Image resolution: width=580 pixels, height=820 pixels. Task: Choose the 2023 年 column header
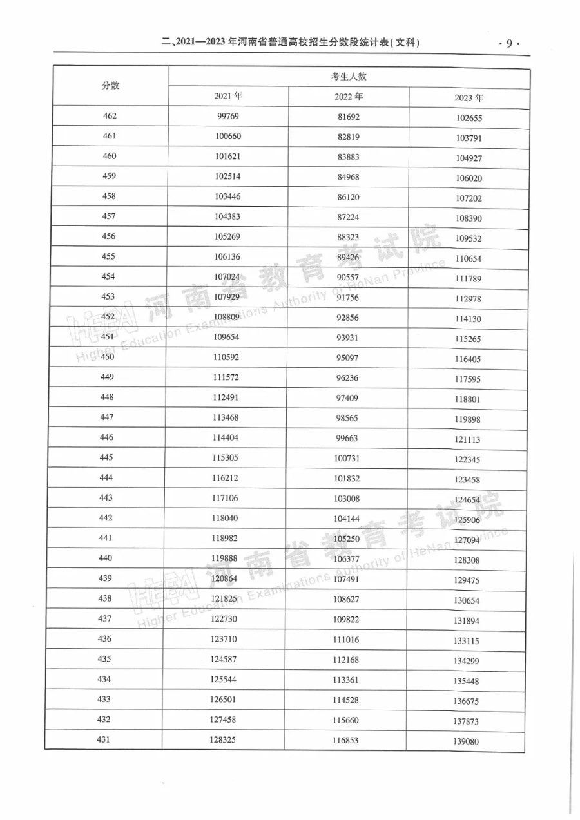point(469,99)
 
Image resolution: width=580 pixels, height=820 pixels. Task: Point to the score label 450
point(108,358)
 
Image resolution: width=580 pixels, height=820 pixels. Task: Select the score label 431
point(104,739)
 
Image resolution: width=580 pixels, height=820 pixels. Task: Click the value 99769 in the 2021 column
point(226,117)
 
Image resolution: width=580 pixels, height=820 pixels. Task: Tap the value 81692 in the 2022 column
point(348,117)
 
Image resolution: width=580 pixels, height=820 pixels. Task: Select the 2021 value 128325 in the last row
point(223,740)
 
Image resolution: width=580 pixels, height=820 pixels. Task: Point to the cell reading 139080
point(466,742)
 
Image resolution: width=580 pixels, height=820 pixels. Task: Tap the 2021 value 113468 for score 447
point(225,417)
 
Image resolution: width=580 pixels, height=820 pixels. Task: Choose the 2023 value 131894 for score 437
point(467,622)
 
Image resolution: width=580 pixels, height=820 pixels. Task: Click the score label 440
point(106,558)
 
